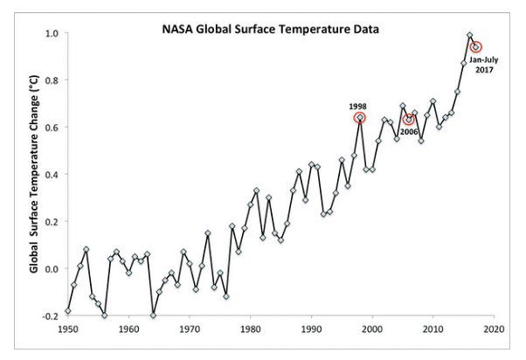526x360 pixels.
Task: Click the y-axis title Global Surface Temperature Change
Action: (35, 173)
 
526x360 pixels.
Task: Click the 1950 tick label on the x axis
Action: (68, 330)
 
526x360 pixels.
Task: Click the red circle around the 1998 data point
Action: (360, 118)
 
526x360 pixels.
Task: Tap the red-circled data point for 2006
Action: (409, 120)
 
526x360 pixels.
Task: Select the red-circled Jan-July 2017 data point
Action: (476, 47)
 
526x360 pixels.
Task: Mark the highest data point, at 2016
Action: (470, 36)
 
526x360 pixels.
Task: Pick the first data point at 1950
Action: (68, 310)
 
